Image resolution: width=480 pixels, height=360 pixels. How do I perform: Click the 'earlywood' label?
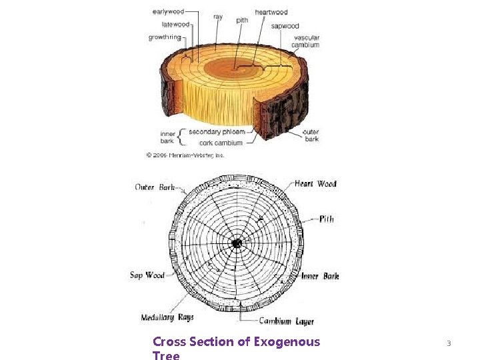pos(169,11)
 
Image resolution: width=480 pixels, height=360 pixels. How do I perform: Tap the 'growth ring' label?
pos(165,37)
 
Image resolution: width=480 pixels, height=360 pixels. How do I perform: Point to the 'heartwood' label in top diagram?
pos(271,12)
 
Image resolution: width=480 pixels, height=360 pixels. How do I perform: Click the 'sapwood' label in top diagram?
pos(285,26)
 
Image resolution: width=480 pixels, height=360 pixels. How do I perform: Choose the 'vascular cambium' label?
pos(306,41)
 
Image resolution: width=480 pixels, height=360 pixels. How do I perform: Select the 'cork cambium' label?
pos(221,142)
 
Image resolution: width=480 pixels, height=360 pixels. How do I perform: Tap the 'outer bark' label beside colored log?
pos(311,135)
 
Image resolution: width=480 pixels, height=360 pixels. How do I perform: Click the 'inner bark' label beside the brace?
pos(167,137)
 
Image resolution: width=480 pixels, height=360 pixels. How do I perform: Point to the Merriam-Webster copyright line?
pos(185,155)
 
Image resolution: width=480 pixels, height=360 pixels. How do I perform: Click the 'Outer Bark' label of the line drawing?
pos(155,187)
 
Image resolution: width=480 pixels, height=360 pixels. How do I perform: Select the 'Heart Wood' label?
pos(315,183)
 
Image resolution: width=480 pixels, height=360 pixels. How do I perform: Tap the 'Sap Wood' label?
pos(147,275)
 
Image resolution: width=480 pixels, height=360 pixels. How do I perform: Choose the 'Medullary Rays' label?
pos(167,317)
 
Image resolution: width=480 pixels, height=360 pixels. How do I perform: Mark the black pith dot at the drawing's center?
pos(236,244)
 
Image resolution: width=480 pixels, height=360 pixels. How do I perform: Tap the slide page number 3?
pos(449,343)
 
